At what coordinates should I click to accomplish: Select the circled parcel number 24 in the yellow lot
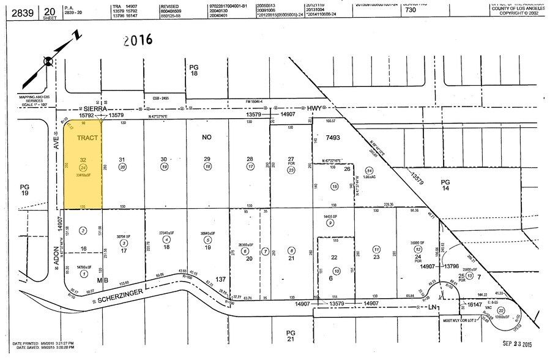(x=84, y=167)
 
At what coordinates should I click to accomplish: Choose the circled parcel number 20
(x=122, y=167)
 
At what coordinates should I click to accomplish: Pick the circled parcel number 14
(x=368, y=170)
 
